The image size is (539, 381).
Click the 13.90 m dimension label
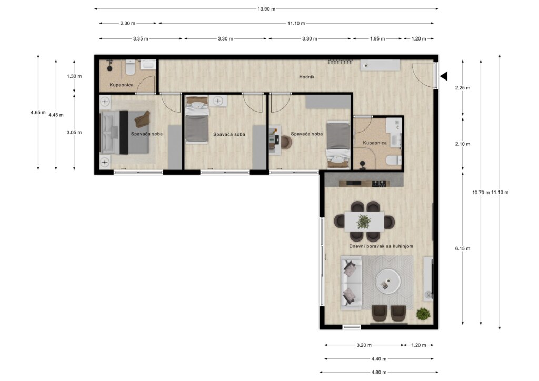266,9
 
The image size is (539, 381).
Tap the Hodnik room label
306,77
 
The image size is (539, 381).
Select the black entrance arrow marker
444,77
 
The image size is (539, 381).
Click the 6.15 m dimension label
463,248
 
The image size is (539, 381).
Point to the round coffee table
389,279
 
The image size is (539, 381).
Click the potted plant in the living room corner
423,314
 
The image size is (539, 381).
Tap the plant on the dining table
363,222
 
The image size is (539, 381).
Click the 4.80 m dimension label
379,372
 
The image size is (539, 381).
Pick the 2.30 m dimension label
127,24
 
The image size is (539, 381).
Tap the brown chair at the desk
285,143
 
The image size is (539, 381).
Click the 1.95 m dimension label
377,39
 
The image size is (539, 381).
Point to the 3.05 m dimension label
74,132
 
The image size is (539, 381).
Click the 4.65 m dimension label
38,112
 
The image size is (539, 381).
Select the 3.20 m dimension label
364,345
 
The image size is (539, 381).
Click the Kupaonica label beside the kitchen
375,143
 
